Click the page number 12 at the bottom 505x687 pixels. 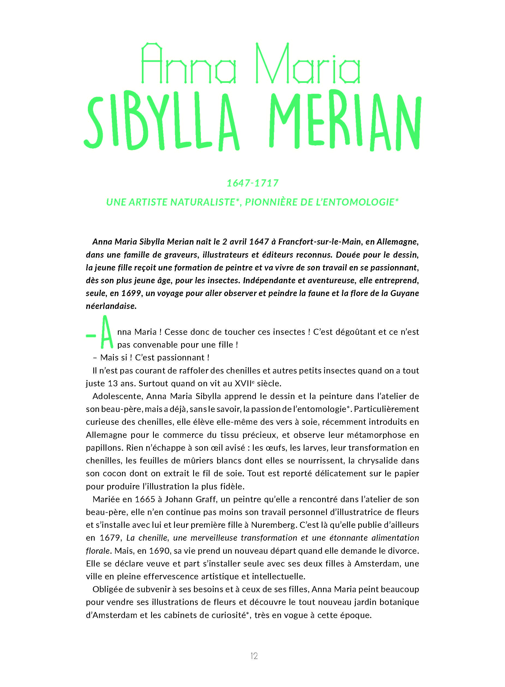coord(254,656)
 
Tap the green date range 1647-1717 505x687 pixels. coord(253,183)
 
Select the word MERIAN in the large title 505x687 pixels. coord(345,121)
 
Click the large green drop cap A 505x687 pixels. coord(107,332)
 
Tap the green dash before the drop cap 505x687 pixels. coord(91,336)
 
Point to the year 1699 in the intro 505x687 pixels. coord(131,293)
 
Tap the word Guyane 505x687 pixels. coord(404,293)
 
